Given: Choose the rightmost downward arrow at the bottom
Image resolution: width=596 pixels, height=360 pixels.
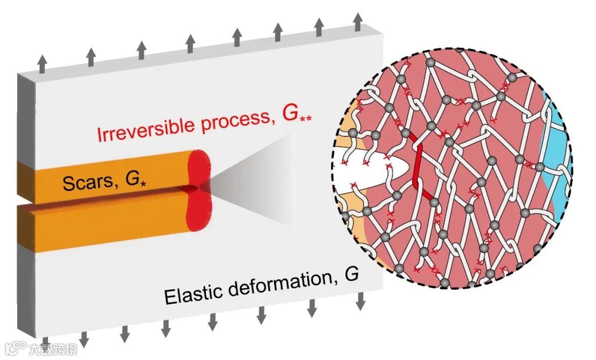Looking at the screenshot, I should coord(360,301).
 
